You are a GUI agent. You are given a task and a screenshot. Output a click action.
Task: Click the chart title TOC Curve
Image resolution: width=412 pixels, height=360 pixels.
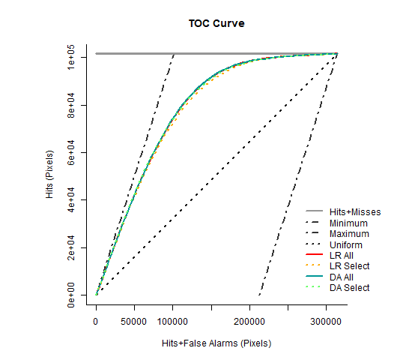tap(216, 23)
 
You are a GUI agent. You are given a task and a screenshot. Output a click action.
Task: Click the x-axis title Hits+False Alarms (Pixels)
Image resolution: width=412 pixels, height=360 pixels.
tap(216, 343)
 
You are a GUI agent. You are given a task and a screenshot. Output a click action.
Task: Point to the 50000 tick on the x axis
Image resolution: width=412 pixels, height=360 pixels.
tap(134, 320)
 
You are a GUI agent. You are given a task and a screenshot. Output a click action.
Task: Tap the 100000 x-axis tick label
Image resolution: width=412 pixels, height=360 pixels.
tap(172, 320)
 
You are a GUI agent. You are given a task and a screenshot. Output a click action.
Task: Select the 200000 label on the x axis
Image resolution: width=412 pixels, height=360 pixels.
tap(249, 320)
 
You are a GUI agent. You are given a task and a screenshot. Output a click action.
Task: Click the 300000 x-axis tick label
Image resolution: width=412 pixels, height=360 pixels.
tap(326, 320)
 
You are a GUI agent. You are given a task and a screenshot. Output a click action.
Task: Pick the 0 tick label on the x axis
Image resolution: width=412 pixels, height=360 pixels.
tap(96, 320)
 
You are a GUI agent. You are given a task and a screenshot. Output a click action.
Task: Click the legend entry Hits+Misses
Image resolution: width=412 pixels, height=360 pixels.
tap(355, 212)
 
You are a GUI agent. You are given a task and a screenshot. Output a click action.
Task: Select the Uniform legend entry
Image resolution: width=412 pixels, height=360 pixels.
tap(346, 245)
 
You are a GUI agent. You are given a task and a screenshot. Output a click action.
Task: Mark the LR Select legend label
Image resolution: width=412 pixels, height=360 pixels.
tap(349, 266)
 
